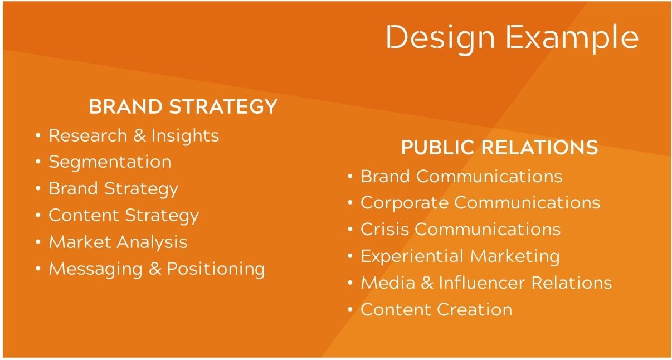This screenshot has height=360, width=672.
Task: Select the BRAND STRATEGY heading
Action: pos(183,106)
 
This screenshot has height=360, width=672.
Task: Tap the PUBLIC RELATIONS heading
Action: pos(499,147)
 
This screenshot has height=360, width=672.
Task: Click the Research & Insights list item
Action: pos(134,136)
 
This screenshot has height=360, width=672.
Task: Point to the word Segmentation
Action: pos(110,163)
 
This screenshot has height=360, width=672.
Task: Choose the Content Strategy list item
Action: pos(124,216)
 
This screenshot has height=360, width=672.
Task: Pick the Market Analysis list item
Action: pos(118,242)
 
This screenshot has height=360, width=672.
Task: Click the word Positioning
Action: pos(216,269)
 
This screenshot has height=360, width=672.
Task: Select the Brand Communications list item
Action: pos(461,176)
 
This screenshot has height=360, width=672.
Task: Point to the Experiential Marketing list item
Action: pos(460,257)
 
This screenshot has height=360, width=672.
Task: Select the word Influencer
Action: pos(482,283)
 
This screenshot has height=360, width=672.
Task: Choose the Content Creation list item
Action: pos(436,310)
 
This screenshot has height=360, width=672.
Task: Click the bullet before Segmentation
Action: pos(38,162)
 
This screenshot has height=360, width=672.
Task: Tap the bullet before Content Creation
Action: pos(350,309)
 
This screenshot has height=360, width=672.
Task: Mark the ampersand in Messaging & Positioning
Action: pos(155,269)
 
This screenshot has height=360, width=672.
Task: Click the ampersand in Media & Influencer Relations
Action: pos(427,283)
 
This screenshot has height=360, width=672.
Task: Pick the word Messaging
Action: pos(96,269)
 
